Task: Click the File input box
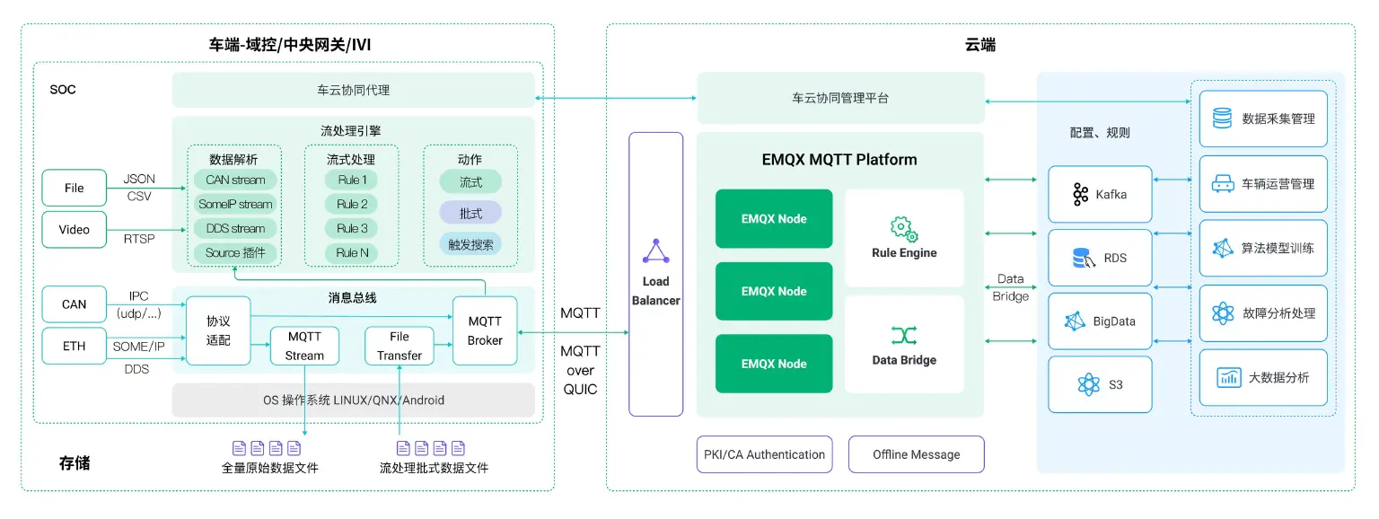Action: [x=74, y=188]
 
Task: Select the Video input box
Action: [x=74, y=229]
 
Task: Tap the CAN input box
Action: [x=74, y=304]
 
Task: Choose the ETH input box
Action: [x=74, y=346]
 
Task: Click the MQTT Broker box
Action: [x=485, y=330]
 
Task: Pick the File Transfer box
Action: [x=399, y=346]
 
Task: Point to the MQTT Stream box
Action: [x=304, y=346]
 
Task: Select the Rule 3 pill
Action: [x=352, y=228]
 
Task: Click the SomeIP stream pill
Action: [x=235, y=204]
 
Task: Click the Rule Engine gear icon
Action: [x=903, y=228]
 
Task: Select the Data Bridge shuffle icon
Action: [x=903, y=336]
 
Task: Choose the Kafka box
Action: [x=1100, y=194]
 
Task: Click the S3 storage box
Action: [x=1100, y=384]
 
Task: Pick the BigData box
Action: [x=1100, y=321]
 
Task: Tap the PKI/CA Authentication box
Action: [x=763, y=454]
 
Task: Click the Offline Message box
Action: [x=916, y=454]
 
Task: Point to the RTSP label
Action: [x=139, y=239]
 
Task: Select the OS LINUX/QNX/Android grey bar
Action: [x=353, y=400]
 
